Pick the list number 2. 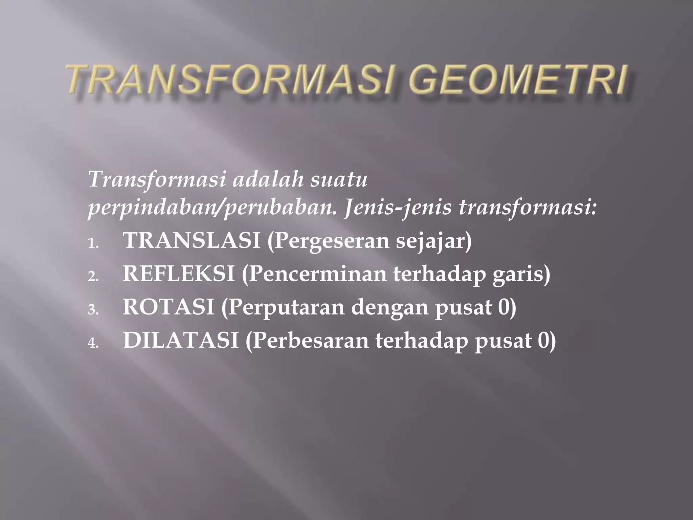[92, 277]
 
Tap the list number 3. [92, 310]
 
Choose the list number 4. [92, 343]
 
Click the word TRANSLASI [192, 240]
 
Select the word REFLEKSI [179, 274]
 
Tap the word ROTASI [169, 307]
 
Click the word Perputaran [286, 307]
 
